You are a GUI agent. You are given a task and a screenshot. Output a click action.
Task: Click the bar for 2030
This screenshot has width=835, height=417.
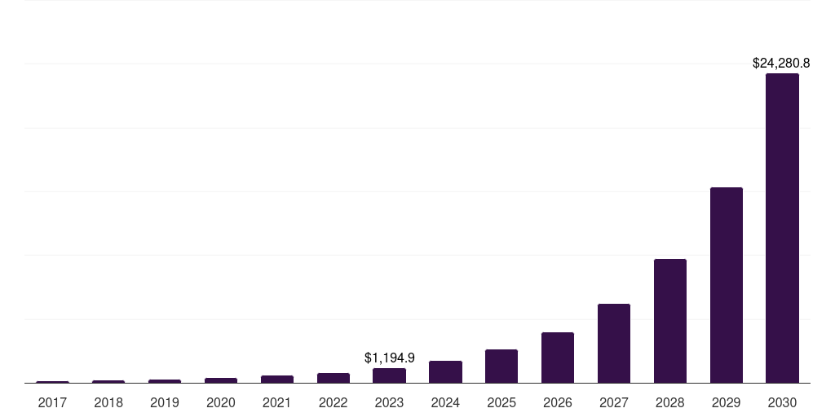pos(782,228)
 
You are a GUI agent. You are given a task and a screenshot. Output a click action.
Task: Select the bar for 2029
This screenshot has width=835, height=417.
pos(726,285)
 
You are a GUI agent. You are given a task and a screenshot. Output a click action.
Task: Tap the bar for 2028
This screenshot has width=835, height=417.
pos(669,321)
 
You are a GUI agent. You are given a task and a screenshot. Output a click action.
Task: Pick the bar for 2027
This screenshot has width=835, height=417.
pos(613,343)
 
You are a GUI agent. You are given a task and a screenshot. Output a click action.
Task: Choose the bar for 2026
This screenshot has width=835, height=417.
pos(558,358)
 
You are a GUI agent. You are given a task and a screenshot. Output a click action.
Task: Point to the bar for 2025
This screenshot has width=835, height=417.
pos(501,366)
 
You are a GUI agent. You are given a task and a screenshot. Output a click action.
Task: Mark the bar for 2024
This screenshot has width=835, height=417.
pos(445,371)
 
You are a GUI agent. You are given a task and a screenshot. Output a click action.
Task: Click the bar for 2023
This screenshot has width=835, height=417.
pos(389,375)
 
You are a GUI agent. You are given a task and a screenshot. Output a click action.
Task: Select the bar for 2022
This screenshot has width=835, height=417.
pos(333,378)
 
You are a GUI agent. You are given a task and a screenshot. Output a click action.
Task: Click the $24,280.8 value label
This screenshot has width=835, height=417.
pos(780,63)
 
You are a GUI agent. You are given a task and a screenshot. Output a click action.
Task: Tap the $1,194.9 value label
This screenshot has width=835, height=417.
pos(389,358)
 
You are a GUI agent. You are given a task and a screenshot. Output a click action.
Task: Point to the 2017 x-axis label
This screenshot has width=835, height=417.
pos(52,402)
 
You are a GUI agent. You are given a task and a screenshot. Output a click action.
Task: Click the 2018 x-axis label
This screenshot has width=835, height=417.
pos(108,402)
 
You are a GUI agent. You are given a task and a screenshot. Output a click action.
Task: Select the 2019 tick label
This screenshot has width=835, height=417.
pos(165,402)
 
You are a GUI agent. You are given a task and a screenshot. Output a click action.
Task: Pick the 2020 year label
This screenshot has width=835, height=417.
pos(220,402)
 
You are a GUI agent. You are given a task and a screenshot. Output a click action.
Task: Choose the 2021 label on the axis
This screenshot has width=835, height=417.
pos(276,402)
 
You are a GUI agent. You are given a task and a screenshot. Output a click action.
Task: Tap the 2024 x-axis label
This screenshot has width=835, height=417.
pos(445,402)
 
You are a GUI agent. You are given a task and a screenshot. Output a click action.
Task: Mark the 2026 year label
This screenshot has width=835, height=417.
pos(558,402)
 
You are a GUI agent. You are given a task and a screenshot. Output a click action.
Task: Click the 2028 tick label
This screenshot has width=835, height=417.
pos(669,402)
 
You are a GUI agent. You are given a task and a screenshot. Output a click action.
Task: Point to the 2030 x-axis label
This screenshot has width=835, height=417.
pos(782,402)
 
